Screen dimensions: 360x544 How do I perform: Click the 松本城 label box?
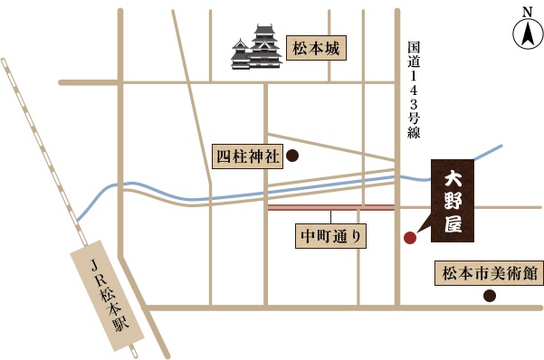tap(316, 49)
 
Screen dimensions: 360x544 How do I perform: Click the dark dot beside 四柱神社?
tap(292, 156)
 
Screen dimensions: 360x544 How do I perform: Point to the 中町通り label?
tap(332, 237)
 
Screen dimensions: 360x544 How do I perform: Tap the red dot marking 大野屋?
tap(410, 238)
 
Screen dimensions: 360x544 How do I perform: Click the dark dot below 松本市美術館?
tap(490, 296)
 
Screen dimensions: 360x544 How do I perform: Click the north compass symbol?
tap(526, 35)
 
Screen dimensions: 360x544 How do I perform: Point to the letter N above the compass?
tap(526, 11)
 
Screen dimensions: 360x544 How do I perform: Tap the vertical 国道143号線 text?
tap(414, 89)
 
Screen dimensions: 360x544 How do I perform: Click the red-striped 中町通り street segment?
tap(332, 207)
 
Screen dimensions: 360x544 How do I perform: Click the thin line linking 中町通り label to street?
tap(332, 217)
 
